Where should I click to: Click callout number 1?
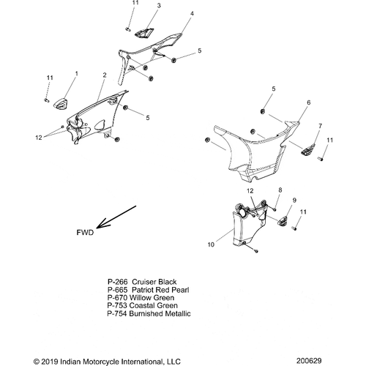pos(77,73)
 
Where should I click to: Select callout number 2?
pos(105,75)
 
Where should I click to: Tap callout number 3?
pos(159,5)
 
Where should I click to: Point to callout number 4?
pos(192,13)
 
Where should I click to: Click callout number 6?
pos(309,102)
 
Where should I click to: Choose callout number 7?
pos(320,126)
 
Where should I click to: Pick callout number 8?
pos(280,190)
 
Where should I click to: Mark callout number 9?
pos(294,200)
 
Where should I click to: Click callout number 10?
pos(211,244)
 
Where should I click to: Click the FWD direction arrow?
pos(116,217)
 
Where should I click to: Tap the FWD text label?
pos(85,233)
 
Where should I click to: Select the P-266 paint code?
pos(118,282)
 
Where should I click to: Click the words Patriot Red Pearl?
pos(160,290)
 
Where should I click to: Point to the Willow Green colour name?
pos(152,298)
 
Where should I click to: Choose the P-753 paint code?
pos(117,305)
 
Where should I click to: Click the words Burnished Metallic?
pos(160,313)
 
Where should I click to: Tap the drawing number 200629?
pos(309,361)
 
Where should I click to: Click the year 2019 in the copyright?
pos(49,362)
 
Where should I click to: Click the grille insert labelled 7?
pos(307,149)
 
